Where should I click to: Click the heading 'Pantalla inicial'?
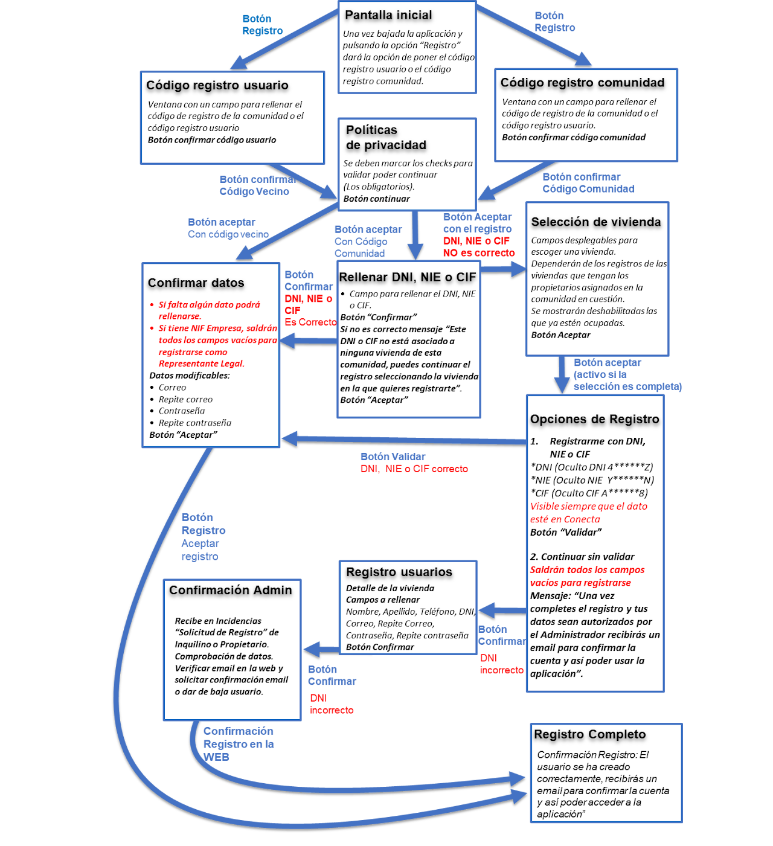click(388, 15)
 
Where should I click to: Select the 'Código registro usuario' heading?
click(217, 85)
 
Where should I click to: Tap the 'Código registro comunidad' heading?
click(582, 83)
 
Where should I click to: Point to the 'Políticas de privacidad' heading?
click(386, 138)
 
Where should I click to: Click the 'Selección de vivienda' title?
click(595, 222)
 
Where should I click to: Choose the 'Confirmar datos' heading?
click(196, 283)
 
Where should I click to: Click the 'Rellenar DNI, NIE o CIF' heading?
click(407, 277)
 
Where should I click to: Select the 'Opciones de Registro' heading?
click(594, 419)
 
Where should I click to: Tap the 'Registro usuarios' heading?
click(399, 571)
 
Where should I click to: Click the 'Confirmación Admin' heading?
click(230, 589)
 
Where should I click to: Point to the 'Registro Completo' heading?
click(589, 734)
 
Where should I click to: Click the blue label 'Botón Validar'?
click(393, 457)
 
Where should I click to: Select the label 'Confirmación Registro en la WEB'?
click(239, 744)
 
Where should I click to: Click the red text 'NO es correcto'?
click(478, 252)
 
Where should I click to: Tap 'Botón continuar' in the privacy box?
click(376, 199)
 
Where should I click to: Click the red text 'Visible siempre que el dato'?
click(588, 506)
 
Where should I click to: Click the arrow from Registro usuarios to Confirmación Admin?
click(321, 649)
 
